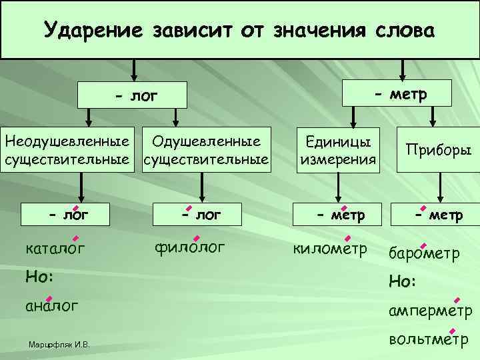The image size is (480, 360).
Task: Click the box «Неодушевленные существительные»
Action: coord(67,150)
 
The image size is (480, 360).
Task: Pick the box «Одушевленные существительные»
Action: coord(206,150)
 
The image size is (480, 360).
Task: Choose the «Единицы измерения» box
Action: coord(339,150)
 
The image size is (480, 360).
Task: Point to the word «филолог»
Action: coord(190,247)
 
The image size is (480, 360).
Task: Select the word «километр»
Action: coord(330,249)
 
